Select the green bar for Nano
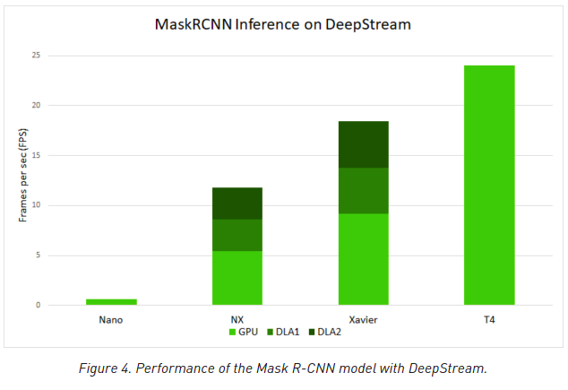pos(111,302)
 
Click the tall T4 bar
pos(489,185)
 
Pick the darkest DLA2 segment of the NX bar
pos(237,204)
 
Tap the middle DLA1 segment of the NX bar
pos(237,235)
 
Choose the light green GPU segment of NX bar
pos(237,278)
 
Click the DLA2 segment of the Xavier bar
pos(363,144)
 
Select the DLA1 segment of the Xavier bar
pos(363,190)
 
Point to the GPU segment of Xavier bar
pos(363,259)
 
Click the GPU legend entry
pos(243,332)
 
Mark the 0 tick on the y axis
pos(38,306)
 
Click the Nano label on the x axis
pos(111,319)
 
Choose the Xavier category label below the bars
pos(363,319)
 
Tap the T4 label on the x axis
pos(489,319)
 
